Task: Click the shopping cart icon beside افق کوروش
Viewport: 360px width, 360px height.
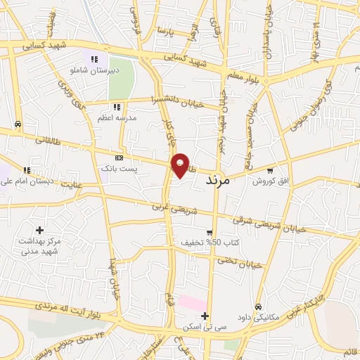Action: [271, 170]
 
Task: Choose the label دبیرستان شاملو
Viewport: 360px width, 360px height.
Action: [94, 70]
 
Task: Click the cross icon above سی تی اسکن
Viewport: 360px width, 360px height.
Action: [205, 316]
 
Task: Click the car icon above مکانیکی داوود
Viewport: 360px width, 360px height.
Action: [259, 307]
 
